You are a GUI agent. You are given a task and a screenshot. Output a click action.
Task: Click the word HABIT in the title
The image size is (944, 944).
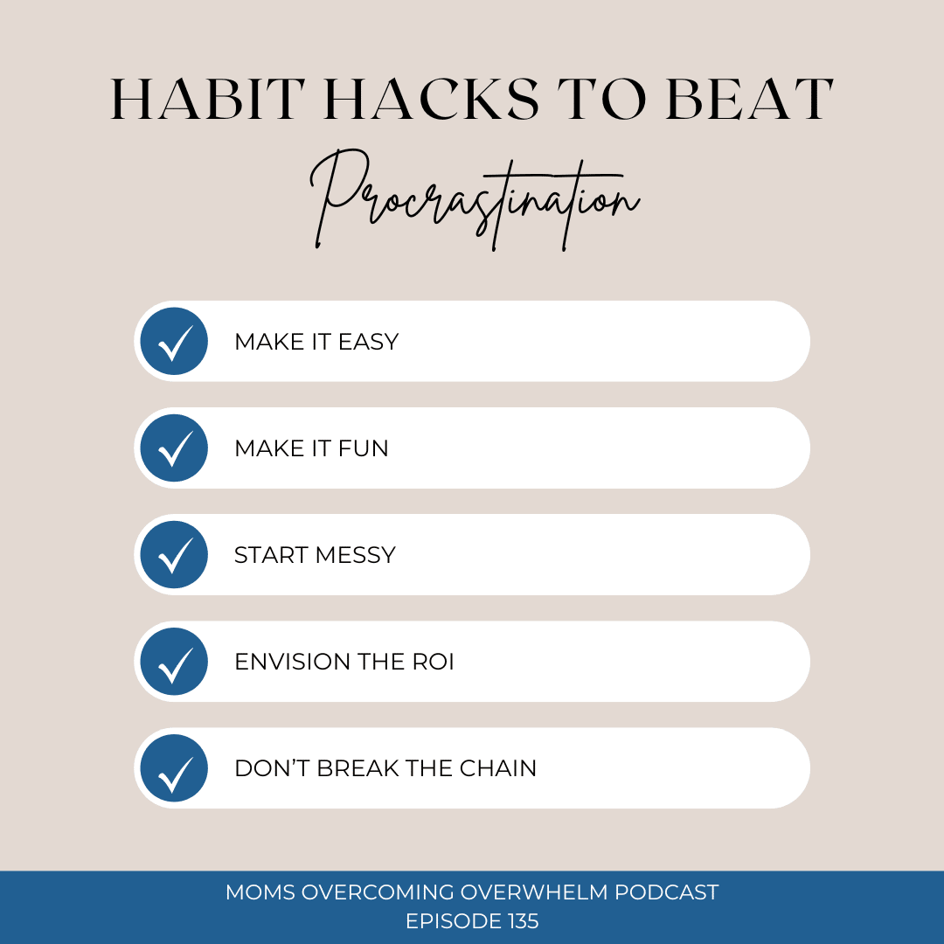click(207, 100)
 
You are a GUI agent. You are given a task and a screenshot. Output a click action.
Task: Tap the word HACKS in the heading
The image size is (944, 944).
click(431, 100)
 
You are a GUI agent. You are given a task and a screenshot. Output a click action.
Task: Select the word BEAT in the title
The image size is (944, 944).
click(750, 100)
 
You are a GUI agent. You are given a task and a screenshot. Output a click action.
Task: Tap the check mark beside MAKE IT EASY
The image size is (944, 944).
click(174, 342)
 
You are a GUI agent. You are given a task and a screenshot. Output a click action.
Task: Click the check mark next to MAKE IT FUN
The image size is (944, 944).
click(174, 448)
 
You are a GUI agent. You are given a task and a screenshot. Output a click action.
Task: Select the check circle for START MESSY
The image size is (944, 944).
click(174, 554)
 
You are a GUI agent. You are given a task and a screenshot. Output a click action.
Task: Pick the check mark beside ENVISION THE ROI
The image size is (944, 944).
click(174, 662)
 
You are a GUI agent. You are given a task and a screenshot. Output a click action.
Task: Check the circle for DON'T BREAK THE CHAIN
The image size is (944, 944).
click(174, 768)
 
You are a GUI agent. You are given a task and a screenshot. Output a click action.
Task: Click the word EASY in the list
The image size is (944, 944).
click(369, 342)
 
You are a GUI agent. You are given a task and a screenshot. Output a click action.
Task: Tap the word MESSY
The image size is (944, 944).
click(355, 555)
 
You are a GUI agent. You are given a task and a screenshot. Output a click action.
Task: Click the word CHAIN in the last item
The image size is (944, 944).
click(498, 768)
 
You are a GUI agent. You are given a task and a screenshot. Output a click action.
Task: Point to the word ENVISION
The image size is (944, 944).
click(293, 662)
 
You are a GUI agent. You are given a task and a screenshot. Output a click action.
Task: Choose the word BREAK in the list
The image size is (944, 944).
click(358, 768)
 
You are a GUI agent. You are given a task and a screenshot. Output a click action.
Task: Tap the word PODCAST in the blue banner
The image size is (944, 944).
click(666, 892)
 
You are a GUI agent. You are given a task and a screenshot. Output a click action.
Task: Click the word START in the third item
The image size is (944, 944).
click(272, 555)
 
